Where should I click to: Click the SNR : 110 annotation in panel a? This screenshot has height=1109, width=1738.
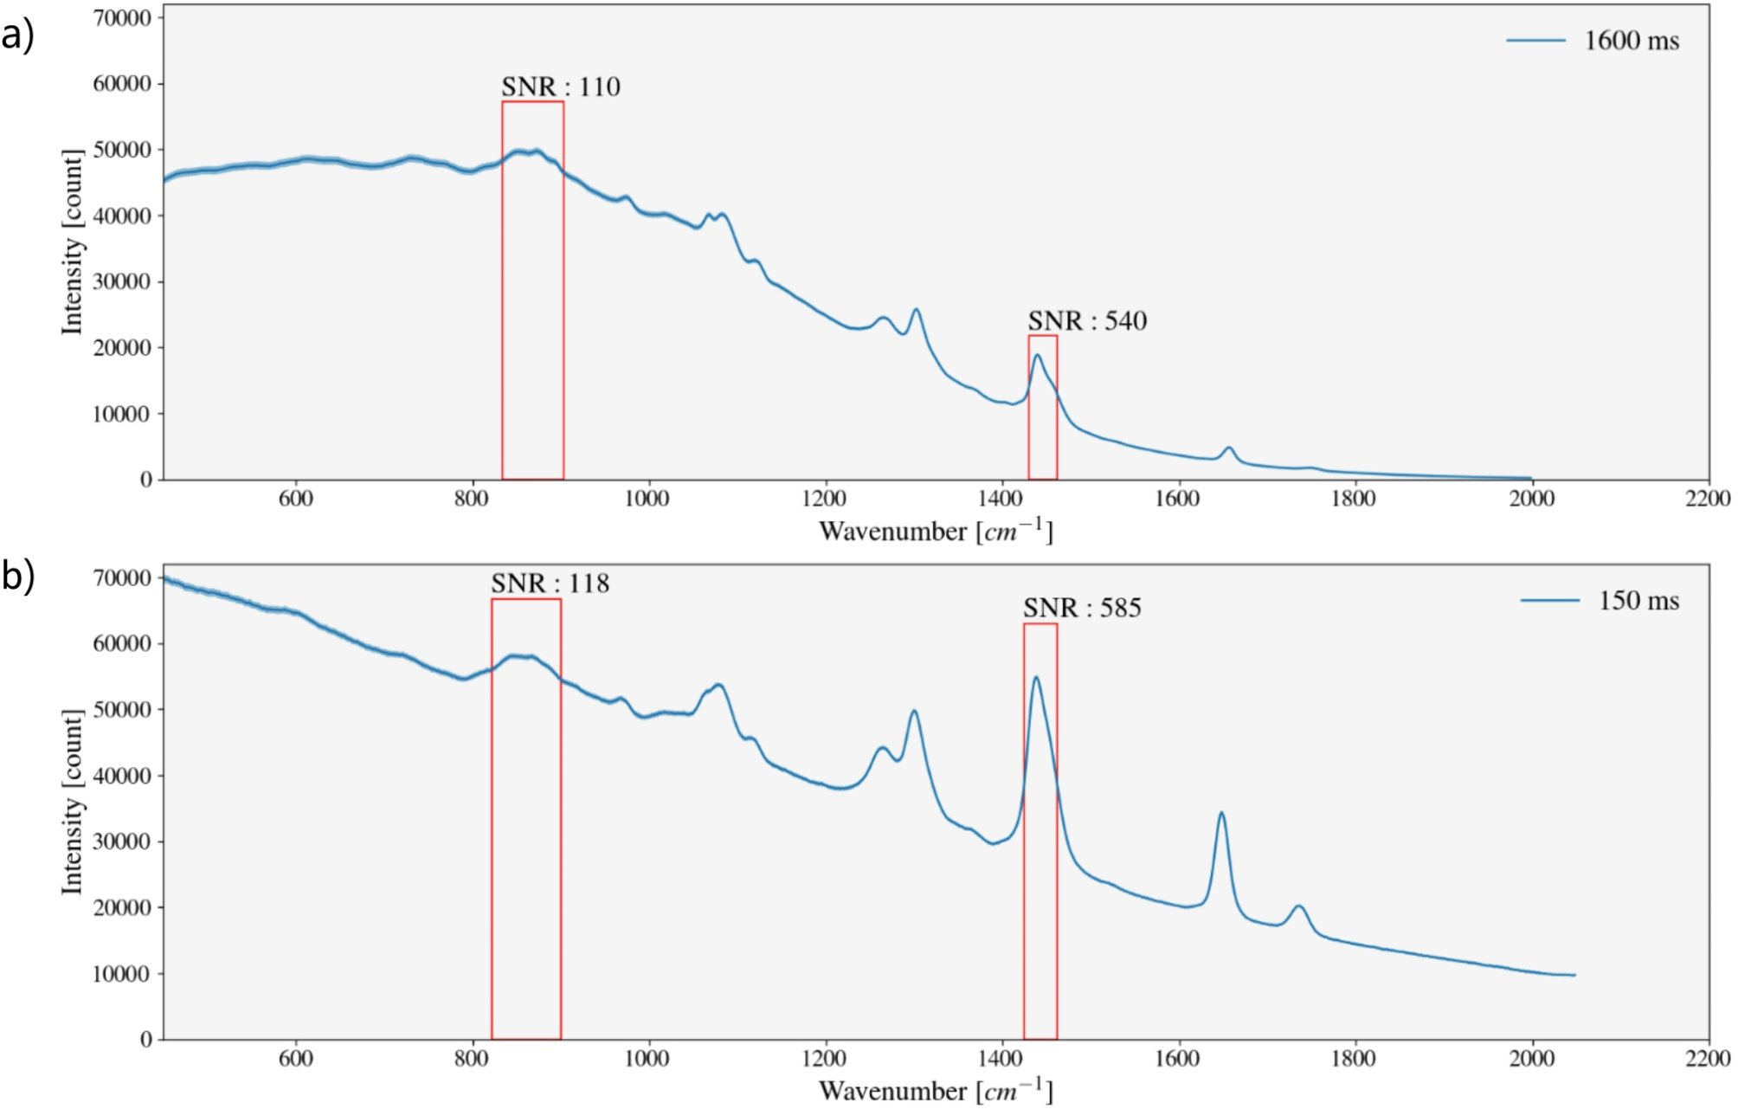pos(561,87)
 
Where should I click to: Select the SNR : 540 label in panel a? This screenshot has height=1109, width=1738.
pos(1087,321)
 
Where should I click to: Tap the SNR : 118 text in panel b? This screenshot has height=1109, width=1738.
pos(550,584)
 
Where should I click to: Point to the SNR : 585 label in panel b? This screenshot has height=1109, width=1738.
pos(1082,608)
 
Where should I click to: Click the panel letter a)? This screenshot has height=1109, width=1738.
pos(17,36)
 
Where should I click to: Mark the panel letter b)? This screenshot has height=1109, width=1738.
pos(17,576)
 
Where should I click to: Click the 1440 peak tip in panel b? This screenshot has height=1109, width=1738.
pos(1035,678)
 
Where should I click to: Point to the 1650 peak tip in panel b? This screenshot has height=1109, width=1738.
pos(1221,813)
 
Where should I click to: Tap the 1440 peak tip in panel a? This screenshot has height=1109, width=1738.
pos(1037,355)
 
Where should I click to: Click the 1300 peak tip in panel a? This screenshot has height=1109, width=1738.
pos(916,309)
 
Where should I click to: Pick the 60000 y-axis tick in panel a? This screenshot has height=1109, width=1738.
pos(121,84)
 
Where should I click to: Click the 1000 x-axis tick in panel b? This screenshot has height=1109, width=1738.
pos(647,1059)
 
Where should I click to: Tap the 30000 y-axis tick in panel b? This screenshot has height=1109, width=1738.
pos(121,841)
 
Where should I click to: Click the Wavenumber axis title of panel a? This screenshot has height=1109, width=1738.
pos(935,531)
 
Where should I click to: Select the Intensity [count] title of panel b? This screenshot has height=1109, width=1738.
pos(73,802)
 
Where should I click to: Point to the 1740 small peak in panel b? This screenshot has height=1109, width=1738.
pos(1298,906)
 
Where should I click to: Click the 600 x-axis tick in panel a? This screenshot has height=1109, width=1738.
pos(295,499)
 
